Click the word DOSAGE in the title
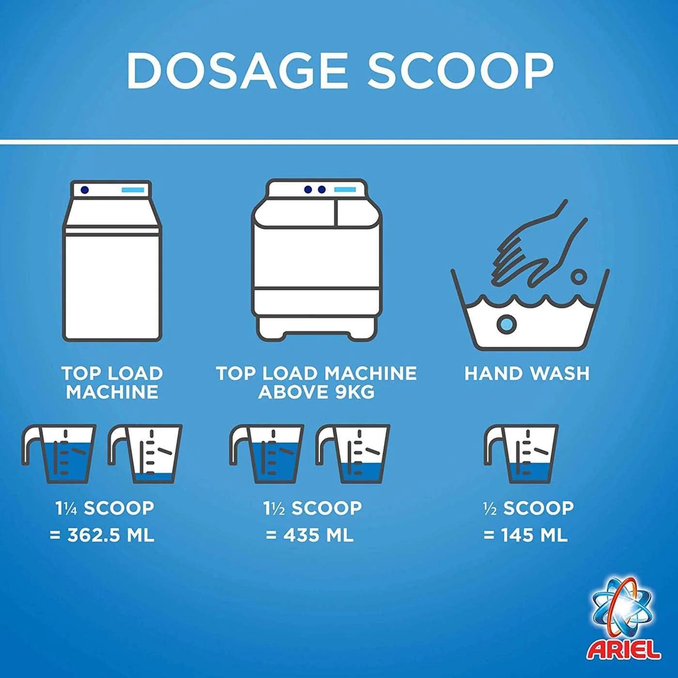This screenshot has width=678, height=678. [x=237, y=71]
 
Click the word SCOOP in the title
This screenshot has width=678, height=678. [x=461, y=71]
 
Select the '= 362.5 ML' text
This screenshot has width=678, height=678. [x=102, y=536]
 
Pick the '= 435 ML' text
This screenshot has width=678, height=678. [x=309, y=536]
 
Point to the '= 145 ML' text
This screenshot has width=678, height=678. [x=525, y=536]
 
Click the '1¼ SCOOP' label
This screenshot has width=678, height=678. [x=105, y=508]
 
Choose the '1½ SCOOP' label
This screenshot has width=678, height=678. [x=313, y=508]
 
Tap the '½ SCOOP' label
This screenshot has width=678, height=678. [x=528, y=508]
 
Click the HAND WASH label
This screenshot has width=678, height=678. [x=527, y=373]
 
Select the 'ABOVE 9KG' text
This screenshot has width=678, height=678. [x=316, y=392]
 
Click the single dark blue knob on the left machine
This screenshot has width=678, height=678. [x=84, y=190]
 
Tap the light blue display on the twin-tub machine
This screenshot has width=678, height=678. [x=345, y=190]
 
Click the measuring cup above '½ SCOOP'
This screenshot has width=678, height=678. [x=521, y=454]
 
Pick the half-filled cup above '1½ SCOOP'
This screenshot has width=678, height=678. [x=353, y=454]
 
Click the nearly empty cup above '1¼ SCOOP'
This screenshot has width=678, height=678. [x=145, y=454]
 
